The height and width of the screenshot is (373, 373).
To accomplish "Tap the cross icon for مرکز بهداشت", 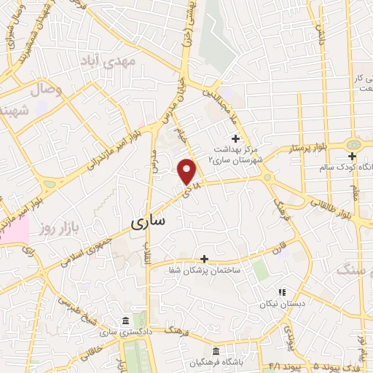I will click(235, 138).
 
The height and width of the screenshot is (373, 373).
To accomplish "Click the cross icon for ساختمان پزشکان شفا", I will click(204, 258).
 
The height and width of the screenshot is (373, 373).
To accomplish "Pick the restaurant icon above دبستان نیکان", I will click(281, 292).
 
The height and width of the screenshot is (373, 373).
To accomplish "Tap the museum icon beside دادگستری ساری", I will click(127, 321).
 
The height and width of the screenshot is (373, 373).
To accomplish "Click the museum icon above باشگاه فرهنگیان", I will click(214, 350).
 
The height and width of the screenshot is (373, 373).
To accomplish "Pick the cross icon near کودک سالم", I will click(352, 155).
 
